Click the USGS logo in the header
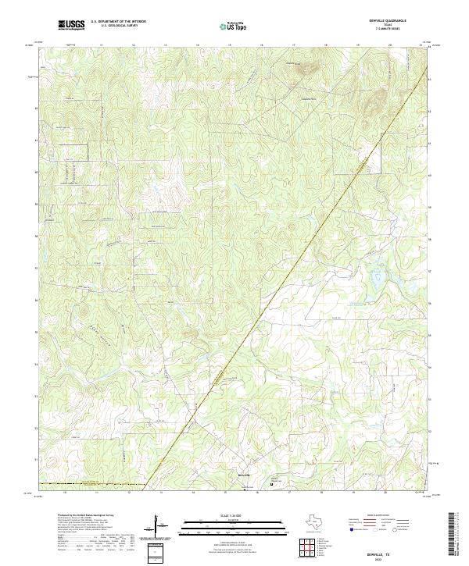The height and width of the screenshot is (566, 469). point(72,25)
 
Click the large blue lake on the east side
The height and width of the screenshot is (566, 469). point(381,275)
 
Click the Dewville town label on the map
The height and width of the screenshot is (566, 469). point(244,475)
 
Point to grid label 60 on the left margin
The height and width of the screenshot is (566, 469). point(35,172)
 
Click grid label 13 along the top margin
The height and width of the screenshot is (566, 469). point(102,45)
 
